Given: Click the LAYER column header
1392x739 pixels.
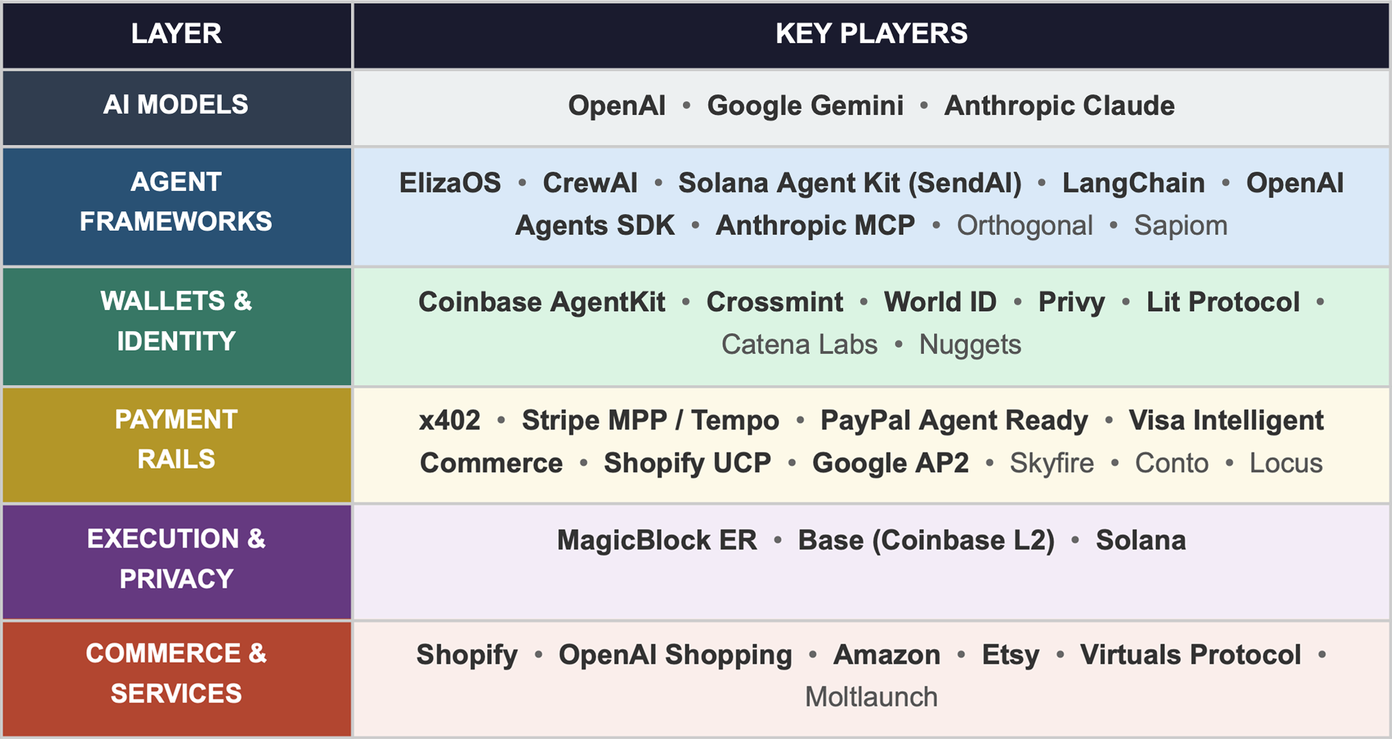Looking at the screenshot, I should tap(176, 34).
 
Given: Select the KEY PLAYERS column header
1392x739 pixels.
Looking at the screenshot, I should tap(871, 34).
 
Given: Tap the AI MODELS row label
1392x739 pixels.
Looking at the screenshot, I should tap(176, 105).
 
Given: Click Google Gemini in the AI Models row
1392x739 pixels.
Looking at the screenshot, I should tap(805, 106).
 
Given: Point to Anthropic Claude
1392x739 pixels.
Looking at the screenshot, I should tap(1059, 106).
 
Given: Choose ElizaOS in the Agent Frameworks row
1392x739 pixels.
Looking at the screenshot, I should tap(450, 183).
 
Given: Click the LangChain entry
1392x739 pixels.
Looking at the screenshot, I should tap(1133, 183).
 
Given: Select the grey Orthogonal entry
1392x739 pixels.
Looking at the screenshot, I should tap(1025, 226).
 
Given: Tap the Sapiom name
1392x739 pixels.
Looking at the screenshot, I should tap(1180, 226).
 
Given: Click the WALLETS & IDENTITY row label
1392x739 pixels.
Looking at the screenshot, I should tap(176, 321).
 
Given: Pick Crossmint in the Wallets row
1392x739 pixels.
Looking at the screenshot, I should tap(774, 302).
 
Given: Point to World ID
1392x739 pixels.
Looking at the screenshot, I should tap(940, 302).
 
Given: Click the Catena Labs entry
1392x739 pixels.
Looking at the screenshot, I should tap(799, 345).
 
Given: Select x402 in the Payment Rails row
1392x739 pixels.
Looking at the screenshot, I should tap(449, 421).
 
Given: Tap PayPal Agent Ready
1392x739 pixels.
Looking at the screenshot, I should tap(954, 421).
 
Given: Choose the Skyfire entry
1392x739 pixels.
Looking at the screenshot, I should tap(1051, 463).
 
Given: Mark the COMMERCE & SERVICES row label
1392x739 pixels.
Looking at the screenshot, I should tap(176, 673).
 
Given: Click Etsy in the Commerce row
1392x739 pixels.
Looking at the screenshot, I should tap(1010, 655).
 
